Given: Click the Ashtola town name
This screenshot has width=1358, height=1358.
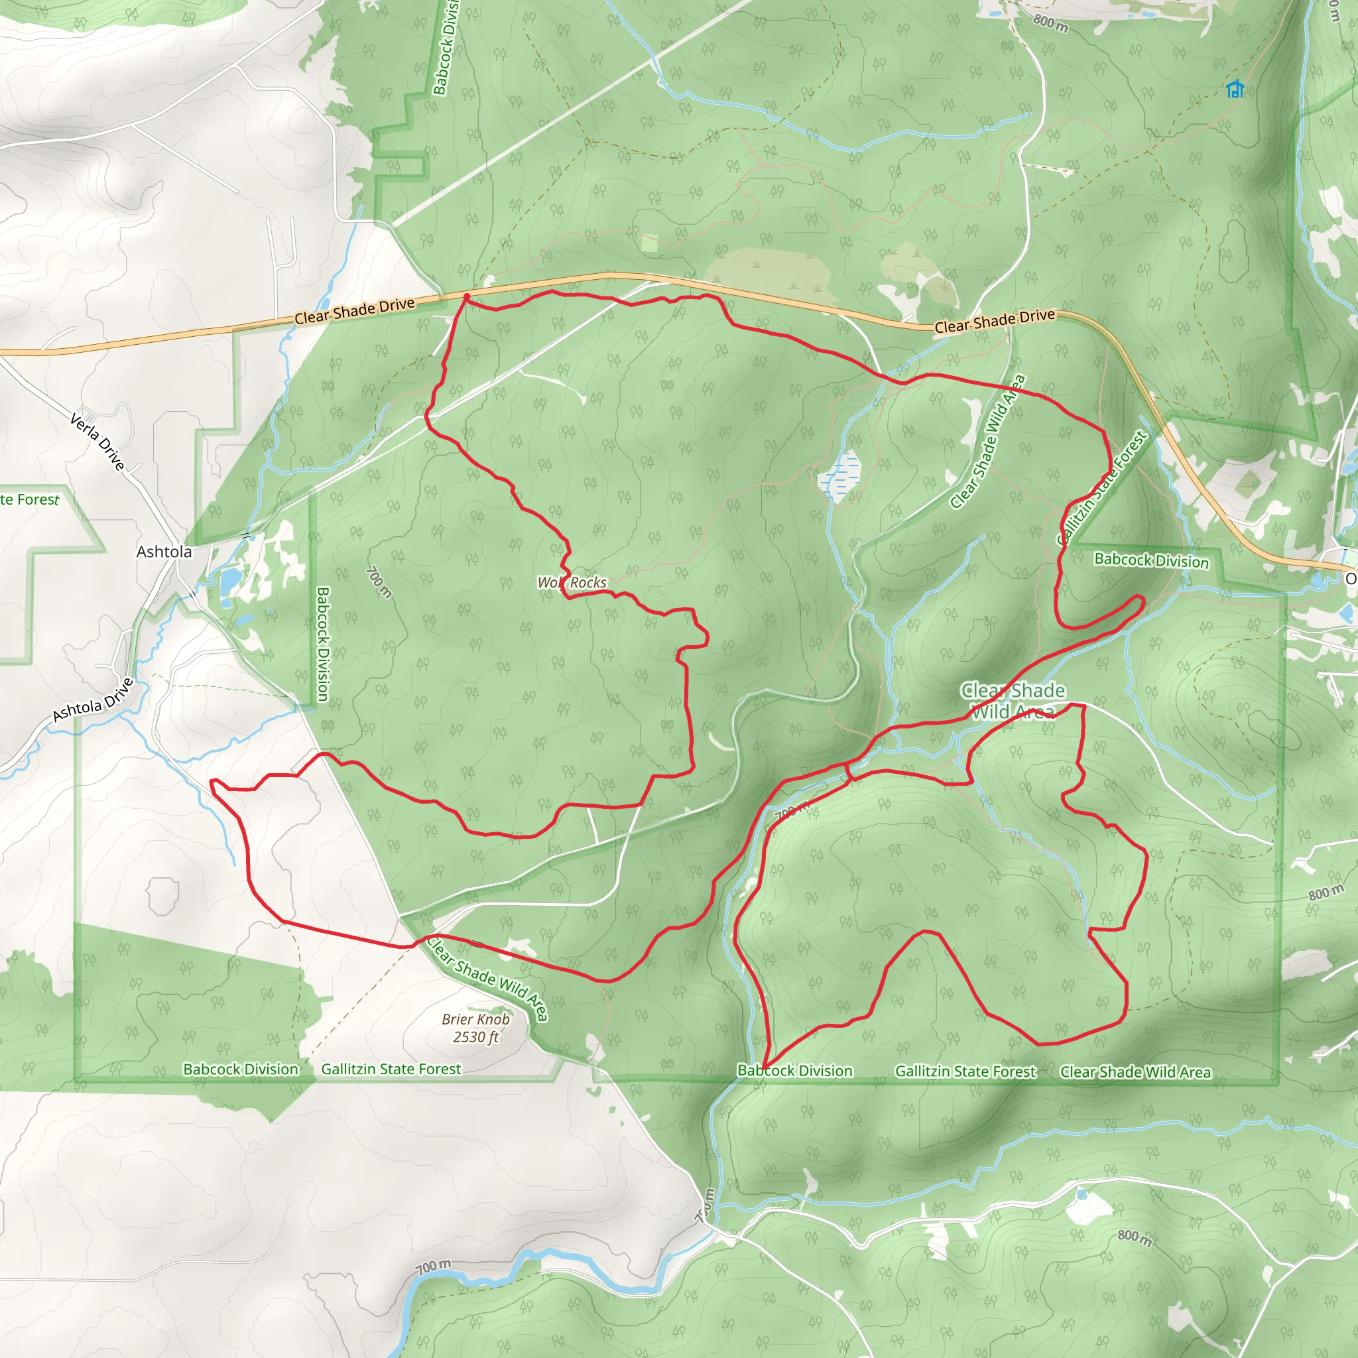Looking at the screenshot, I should (164, 552).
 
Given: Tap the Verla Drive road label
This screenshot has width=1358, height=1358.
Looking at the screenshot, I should (97, 441).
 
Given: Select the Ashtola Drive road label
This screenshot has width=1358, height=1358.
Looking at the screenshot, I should (93, 700).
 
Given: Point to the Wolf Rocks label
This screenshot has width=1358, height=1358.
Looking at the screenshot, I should (572, 582).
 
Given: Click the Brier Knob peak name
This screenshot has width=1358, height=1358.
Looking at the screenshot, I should (476, 1019).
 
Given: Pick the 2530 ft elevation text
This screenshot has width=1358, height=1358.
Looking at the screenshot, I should (476, 1037).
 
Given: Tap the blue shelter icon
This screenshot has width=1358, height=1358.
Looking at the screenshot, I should (1235, 90).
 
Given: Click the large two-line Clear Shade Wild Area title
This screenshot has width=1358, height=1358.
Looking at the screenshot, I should (1013, 701).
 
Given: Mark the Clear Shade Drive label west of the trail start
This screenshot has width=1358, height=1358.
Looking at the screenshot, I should (354, 311).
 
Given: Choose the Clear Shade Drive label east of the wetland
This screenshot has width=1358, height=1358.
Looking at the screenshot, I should (995, 320).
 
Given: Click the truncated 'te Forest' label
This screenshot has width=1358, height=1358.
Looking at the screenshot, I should (30, 500).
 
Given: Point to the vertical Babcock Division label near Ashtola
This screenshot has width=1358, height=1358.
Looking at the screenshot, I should (323, 644).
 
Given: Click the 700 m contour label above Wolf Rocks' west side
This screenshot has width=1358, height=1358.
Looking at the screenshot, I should (379, 582).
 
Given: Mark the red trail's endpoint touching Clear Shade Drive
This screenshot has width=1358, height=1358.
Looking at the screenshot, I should (466, 297).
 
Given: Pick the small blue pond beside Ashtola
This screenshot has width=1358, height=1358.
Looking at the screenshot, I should (230, 581).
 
